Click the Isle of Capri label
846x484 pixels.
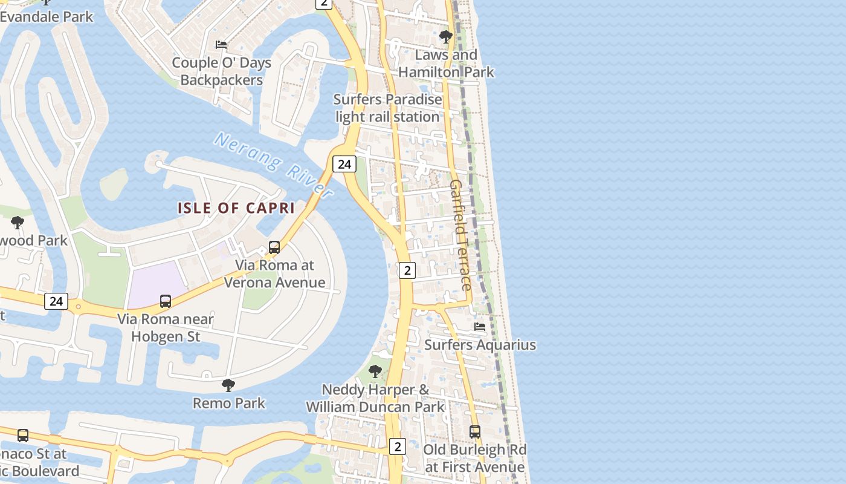(236, 208)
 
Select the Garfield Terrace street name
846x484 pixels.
(460, 235)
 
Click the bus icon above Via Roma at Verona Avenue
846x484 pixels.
(274, 247)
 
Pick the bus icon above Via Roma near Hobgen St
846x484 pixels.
(165, 301)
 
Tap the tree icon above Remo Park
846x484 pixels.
(228, 385)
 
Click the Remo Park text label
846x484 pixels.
(229, 403)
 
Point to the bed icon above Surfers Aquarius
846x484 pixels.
(480, 327)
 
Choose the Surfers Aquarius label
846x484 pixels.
(480, 345)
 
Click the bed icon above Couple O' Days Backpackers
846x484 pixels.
(221, 44)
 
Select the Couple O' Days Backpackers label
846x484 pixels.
(222, 71)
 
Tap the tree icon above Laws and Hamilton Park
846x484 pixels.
(446, 37)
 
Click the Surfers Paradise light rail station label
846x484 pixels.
(387, 108)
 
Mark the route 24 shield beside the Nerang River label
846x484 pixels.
(344, 164)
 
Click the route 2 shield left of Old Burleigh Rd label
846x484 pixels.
(397, 446)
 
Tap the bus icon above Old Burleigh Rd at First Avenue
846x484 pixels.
(475, 432)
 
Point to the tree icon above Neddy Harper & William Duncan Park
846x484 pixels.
(375, 371)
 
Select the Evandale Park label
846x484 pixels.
(47, 16)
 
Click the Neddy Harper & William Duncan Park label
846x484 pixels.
(375, 398)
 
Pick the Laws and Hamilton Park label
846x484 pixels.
(446, 64)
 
